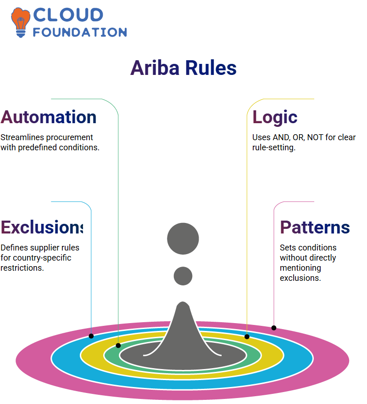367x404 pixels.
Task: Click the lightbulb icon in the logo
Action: pyautogui.click(x=20, y=23)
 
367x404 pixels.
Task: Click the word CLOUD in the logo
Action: pyautogui.click(x=68, y=15)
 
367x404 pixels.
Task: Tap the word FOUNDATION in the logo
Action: pyautogui.click(x=80, y=32)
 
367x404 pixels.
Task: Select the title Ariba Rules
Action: pyautogui.click(x=183, y=68)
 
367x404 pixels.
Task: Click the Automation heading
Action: pyautogui.click(x=48, y=117)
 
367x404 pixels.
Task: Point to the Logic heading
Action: pyautogui.click(x=275, y=118)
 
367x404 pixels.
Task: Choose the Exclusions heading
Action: pyautogui.click(x=42, y=227)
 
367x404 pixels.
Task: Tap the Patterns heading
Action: pyautogui.click(x=315, y=227)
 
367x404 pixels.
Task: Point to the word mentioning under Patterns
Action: pyautogui.click(x=300, y=268)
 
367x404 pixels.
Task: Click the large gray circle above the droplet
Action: pyautogui.click(x=183, y=239)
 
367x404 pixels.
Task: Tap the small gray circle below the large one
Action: pyautogui.click(x=183, y=276)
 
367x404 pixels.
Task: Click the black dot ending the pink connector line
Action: pyautogui.click(x=274, y=328)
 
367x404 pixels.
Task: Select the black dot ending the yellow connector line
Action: pyautogui.click(x=247, y=336)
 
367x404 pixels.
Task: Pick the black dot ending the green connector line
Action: pyautogui.click(x=118, y=346)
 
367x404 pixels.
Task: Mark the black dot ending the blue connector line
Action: pyautogui.click(x=91, y=336)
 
